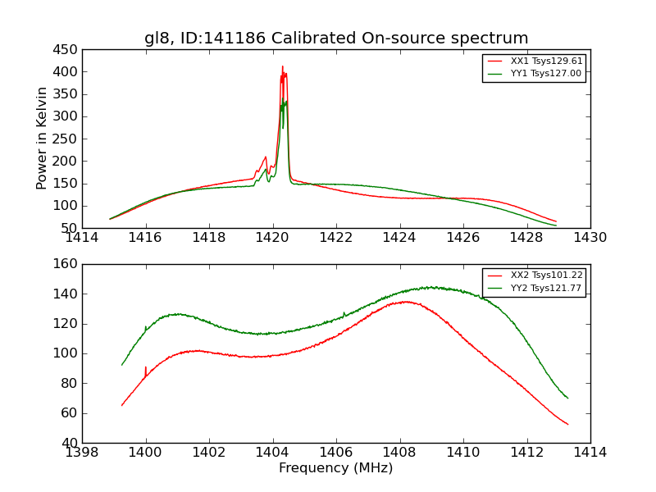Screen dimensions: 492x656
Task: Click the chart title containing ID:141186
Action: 336,39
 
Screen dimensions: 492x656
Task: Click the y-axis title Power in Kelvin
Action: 43,139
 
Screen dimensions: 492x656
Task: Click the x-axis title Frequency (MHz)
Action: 336,468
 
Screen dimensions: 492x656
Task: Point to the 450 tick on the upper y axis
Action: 67,49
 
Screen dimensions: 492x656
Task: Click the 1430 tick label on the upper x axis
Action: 590,238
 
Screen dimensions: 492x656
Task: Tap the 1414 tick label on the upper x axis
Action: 82,238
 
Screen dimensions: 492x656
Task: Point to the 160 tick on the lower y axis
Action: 67,264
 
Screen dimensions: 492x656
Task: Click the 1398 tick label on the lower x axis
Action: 82,453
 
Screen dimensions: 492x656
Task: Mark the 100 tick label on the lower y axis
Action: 67,353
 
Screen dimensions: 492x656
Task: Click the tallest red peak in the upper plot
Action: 282,67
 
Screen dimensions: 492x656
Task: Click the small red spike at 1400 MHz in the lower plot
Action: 146,367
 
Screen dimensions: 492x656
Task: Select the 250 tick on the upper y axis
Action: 67,139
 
